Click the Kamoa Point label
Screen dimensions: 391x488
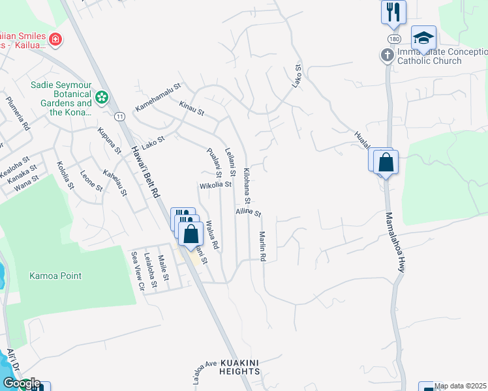55,276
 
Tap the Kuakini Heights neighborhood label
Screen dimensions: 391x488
240,366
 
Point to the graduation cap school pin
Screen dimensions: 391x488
423,38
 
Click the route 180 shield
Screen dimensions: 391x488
389,39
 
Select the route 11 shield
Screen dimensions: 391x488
119,116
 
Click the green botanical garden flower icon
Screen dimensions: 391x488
101,98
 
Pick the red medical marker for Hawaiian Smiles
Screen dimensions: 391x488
55,39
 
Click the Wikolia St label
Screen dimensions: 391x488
215,185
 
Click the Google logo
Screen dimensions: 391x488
21,383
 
